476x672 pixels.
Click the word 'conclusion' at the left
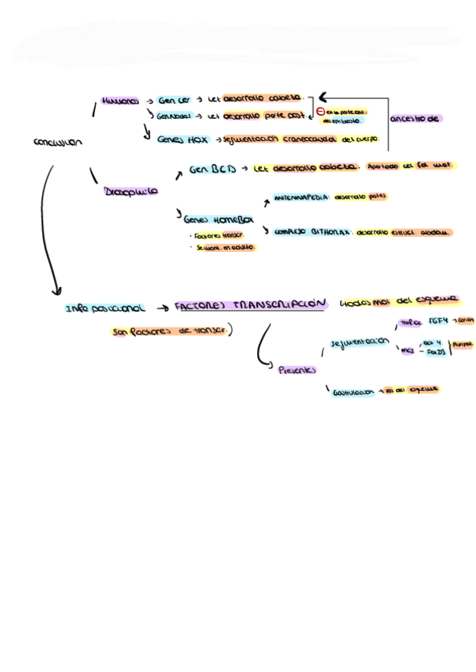click(x=57, y=143)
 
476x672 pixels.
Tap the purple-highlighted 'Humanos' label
click(x=120, y=101)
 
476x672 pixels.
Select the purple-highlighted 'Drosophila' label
click(x=130, y=192)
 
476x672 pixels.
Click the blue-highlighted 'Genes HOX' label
click(x=182, y=139)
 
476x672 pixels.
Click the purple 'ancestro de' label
click(x=415, y=119)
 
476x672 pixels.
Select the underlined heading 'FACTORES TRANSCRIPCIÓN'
click(x=250, y=304)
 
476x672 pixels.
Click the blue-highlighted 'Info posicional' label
click(x=106, y=307)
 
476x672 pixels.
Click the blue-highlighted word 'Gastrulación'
click(x=353, y=391)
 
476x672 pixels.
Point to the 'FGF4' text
click(x=438, y=322)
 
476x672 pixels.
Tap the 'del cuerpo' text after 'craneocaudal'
click(x=360, y=139)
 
